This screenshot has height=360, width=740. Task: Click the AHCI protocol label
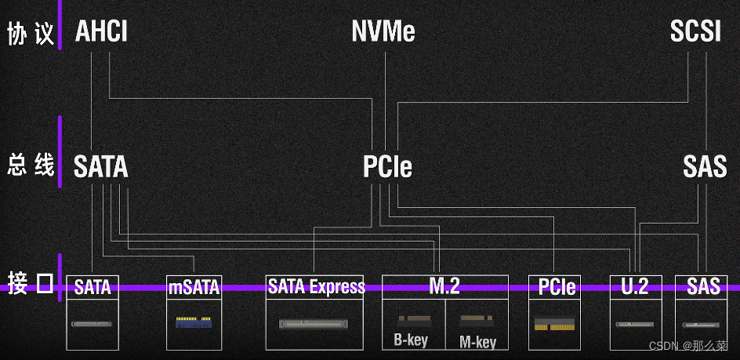101,32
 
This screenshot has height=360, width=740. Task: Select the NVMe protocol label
383,32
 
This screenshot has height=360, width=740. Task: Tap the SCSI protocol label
695,32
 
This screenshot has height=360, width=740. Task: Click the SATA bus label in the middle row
100,167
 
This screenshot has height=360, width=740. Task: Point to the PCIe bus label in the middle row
387,167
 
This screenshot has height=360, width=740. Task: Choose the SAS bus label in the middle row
705,167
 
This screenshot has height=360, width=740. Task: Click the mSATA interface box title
194,287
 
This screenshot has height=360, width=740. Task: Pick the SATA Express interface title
316,286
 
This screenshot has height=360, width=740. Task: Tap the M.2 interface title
444,286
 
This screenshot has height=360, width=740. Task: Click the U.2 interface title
635,287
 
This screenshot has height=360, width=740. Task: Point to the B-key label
411,340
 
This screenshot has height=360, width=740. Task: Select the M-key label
477,342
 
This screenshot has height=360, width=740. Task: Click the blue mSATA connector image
193,322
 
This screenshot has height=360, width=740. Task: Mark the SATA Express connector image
314,323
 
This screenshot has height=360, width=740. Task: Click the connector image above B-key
412,322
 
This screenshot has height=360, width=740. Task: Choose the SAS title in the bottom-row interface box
702,287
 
